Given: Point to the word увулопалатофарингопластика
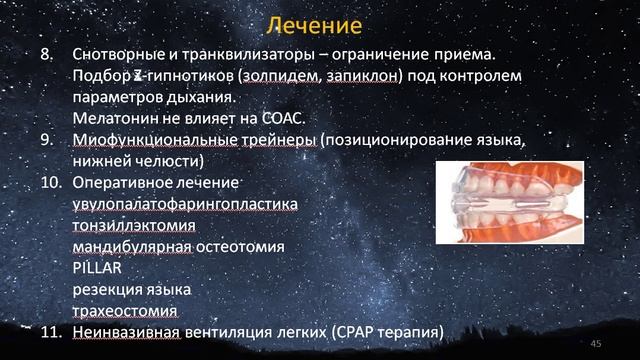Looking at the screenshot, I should point(185,203).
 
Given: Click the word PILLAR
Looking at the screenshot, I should point(97,267).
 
